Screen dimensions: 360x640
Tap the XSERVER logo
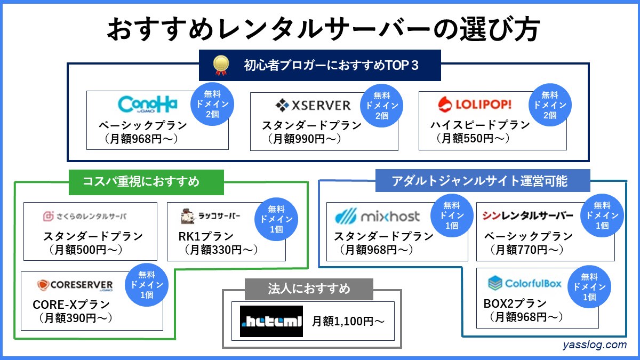313,105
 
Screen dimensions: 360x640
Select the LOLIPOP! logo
475,103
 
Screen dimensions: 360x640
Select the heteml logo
271,322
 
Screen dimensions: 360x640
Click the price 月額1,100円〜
348,322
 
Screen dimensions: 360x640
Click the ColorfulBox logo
525,283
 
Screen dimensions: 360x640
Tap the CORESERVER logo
74,285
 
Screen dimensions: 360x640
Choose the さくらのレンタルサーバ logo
85,216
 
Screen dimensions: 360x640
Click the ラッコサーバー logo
211,216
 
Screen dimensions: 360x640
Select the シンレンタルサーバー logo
527,215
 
